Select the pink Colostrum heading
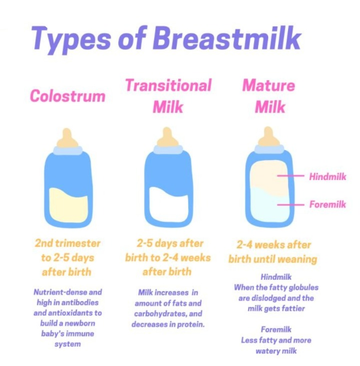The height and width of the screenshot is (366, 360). (67, 96)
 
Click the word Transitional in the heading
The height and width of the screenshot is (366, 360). (168, 85)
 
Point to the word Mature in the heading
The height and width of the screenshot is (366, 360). (269, 85)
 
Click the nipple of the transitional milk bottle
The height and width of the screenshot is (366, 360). (167, 137)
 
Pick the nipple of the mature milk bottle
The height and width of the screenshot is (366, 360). (269, 137)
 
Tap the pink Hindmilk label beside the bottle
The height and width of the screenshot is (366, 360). (328, 177)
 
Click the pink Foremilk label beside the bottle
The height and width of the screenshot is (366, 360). (328, 204)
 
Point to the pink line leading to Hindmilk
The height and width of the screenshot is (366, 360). (291, 176)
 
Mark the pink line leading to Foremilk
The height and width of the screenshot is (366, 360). (291, 205)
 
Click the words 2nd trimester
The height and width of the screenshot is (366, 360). (67, 243)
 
